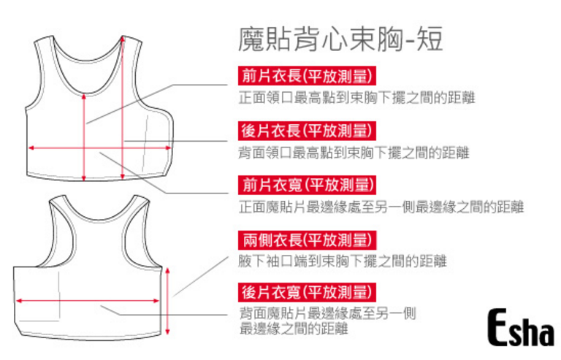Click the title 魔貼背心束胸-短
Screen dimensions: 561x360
coord(340,39)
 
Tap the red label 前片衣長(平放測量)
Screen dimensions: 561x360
coord(307,76)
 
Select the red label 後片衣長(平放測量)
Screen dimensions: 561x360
coord(307,131)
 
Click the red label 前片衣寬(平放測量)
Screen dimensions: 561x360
coord(307,185)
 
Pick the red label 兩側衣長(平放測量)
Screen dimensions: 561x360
coord(307,239)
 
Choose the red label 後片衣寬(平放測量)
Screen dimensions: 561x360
coord(307,293)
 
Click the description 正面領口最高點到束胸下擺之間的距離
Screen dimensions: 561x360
coord(357,98)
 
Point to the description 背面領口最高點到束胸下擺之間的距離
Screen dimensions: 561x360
coord(357,153)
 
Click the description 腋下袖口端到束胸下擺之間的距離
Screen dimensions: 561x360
coord(343,261)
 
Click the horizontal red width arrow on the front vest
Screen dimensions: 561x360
coord(100,148)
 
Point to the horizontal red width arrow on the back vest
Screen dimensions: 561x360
coord(88,299)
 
